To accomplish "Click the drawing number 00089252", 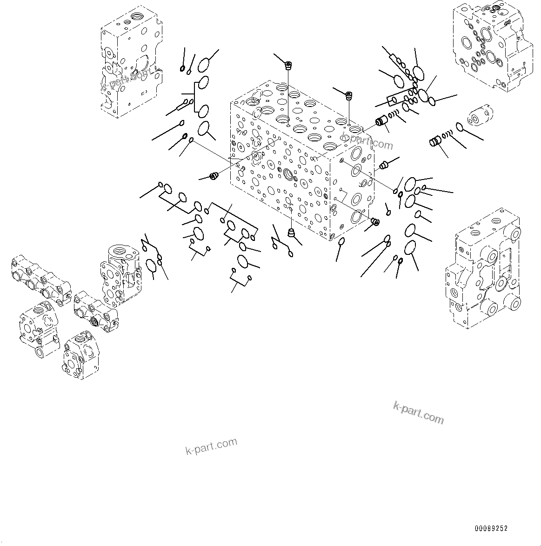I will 491,529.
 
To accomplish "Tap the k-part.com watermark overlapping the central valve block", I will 367,140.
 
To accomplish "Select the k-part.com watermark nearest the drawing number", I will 418,413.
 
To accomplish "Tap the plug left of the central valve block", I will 214,176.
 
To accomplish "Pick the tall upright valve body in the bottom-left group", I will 120,274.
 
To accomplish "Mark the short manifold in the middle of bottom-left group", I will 96,311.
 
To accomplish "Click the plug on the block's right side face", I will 384,164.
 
